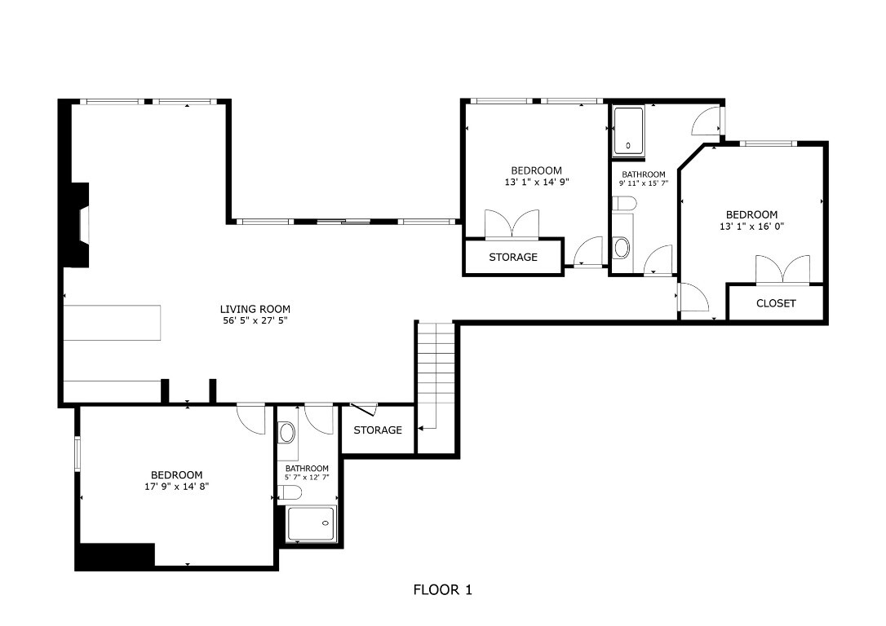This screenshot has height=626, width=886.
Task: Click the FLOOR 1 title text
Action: pos(442,589)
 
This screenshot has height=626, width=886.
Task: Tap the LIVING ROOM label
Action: pos(255,309)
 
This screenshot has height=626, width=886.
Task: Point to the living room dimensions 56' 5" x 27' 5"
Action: pos(255,321)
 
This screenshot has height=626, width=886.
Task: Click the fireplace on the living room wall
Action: pos(78,224)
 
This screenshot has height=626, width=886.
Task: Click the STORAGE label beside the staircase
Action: pos(378,430)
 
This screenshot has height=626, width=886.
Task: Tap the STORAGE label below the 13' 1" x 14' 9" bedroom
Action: pos(513,257)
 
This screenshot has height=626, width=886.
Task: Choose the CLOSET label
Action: pos(776,303)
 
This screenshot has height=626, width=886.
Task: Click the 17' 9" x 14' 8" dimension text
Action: pos(177,487)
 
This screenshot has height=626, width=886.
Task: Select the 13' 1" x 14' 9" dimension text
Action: pos(536,183)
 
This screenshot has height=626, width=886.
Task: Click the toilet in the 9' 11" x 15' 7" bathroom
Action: pos(622,247)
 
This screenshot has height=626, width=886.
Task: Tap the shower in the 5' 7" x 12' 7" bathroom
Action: pos(312,523)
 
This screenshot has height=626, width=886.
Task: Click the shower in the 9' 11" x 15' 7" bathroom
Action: pos(628,130)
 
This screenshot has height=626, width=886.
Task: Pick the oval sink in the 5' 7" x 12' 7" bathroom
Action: pos(286,432)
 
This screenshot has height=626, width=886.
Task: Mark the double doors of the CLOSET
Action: pos(782,271)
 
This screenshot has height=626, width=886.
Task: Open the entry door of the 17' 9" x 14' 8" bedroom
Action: pos(251,417)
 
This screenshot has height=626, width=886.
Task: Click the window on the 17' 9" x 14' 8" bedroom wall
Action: pos(78,454)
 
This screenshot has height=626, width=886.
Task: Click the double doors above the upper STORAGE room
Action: pos(512,224)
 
